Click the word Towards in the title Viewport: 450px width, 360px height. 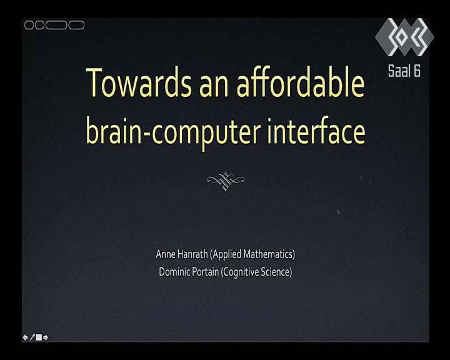(x=139, y=82)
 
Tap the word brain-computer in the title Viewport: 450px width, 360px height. (x=173, y=132)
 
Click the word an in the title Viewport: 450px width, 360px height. (x=214, y=86)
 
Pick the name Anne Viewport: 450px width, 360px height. (x=166, y=254)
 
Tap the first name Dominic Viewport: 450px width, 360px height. (x=172, y=271)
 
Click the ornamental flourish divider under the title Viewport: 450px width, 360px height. (x=226, y=181)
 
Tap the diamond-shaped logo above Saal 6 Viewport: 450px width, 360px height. (x=404, y=37)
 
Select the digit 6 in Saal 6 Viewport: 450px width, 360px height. (x=417, y=71)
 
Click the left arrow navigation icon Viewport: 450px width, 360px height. (x=25, y=337)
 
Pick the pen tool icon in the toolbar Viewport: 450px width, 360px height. (x=32, y=337)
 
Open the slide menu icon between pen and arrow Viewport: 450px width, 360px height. (x=39, y=337)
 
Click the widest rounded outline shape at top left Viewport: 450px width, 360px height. (x=56, y=25)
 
